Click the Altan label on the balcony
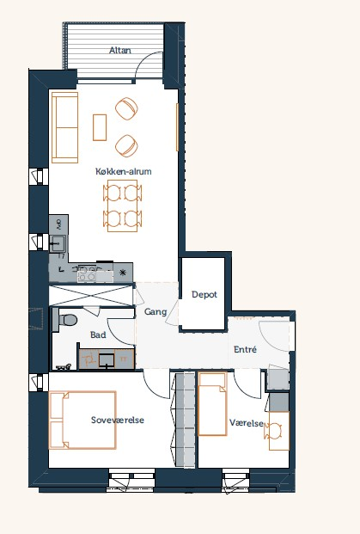119,51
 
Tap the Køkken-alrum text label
123,171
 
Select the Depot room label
204,295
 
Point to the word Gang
156,311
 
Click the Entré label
245,349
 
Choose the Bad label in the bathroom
98,335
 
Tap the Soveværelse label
118,420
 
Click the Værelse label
247,423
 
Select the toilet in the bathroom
67,320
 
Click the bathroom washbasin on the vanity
107,360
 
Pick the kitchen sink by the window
58,243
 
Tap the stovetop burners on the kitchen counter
87,273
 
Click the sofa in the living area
64,127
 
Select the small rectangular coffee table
100,127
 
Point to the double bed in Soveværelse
82,420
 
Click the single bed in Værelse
213,404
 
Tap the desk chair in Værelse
273,431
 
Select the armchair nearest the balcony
126,108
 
